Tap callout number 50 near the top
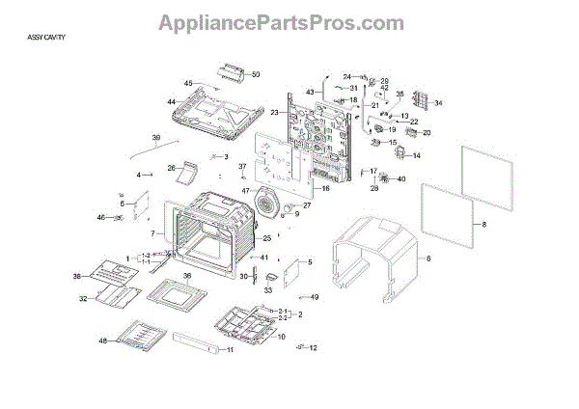256,74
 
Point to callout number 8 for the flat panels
484,224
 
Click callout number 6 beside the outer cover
428,259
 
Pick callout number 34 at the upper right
438,103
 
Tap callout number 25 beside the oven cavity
267,238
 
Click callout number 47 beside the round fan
245,191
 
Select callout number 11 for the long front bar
230,350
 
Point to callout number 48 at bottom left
102,341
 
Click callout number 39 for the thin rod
156,139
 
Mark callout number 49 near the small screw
315,297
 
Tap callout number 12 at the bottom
313,348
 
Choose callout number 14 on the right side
418,155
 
